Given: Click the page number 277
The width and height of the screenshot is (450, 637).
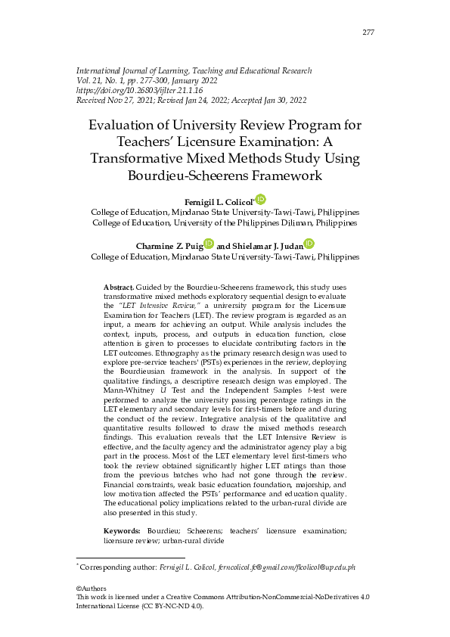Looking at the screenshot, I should click(368, 32).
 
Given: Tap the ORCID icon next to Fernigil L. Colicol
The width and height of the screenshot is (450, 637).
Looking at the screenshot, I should click(261, 200).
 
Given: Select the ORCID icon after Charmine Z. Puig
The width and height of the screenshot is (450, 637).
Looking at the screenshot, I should click(209, 244).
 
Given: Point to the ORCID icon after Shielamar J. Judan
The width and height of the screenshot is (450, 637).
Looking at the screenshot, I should click(309, 244).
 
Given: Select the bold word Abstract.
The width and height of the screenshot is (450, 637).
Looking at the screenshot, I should click(118, 288).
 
